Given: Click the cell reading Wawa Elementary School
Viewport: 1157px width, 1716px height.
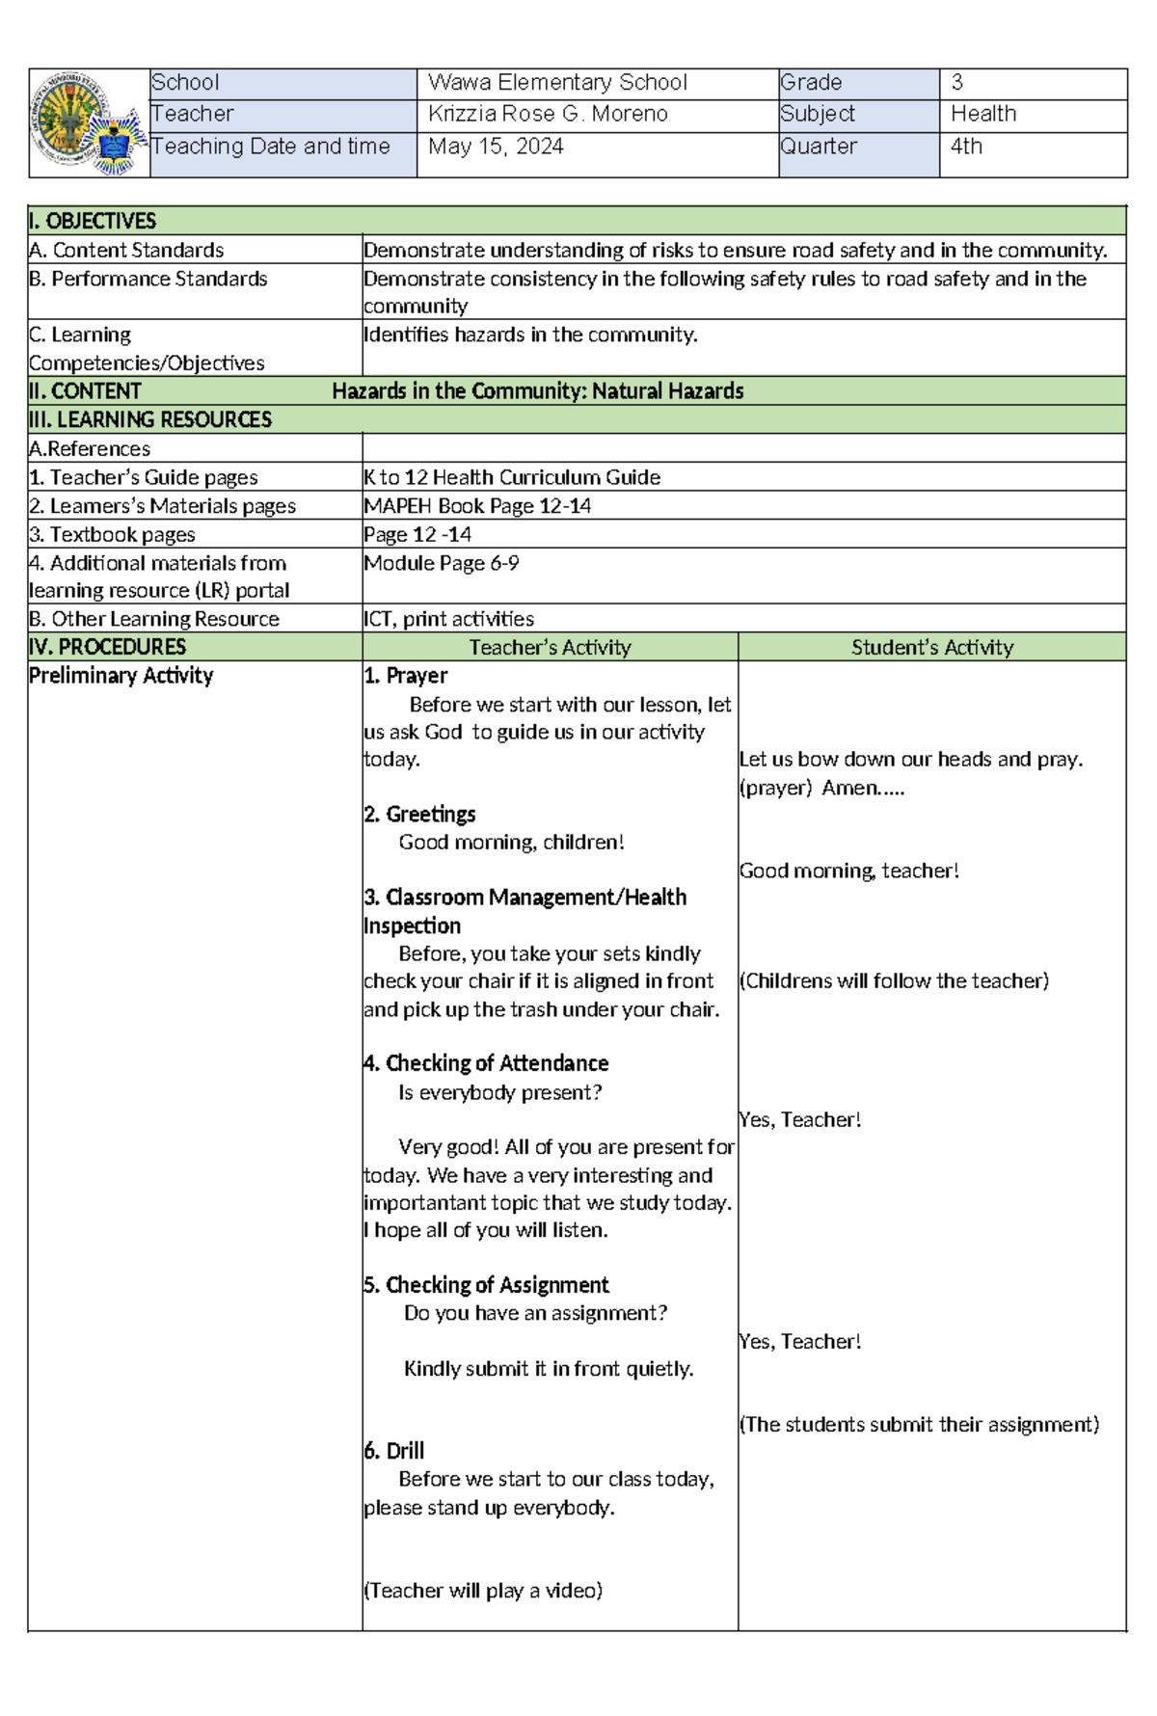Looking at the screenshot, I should tap(557, 83).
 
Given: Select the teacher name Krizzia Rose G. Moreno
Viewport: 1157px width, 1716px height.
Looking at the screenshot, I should tap(548, 114).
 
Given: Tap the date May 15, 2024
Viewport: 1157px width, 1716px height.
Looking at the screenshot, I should tap(496, 147).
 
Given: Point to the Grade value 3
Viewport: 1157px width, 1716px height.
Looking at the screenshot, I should tap(956, 83).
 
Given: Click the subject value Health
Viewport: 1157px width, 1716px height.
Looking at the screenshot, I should tap(982, 114).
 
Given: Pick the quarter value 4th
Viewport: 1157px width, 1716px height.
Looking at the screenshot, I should tap(966, 147).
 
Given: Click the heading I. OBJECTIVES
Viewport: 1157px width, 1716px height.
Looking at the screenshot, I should tap(93, 221).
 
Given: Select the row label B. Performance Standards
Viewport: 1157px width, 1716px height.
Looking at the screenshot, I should tap(148, 279).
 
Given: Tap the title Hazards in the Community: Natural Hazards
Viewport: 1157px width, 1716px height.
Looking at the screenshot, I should tap(537, 390).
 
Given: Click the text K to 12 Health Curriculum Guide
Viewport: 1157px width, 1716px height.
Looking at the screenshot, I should tap(512, 477).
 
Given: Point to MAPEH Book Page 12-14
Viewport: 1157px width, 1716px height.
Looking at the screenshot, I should tap(477, 506).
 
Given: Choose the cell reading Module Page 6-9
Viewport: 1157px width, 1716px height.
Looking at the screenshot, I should tap(441, 563).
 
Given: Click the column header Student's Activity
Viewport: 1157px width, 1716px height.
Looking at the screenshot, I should tap(931, 647).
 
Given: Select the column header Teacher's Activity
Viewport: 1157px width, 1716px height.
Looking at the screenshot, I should tap(550, 647).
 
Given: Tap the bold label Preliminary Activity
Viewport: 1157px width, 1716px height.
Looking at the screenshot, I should tap(121, 676).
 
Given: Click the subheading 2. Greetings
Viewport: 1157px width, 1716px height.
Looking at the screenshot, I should tap(419, 814).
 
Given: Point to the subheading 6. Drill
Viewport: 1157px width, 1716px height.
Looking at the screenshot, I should tap(393, 1451).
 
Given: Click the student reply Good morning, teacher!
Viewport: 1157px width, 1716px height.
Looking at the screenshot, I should tap(848, 871).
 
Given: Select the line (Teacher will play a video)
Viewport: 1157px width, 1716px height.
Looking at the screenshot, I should tap(482, 1591).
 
